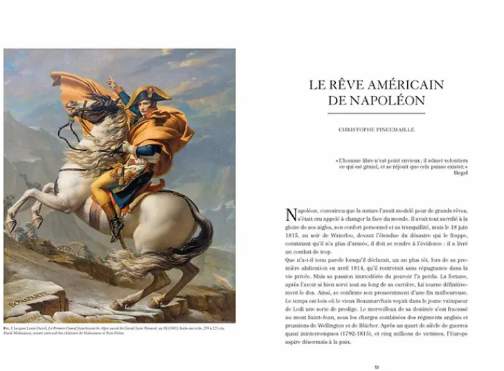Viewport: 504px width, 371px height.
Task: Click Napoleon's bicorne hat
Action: pyautogui.click(x=141, y=96)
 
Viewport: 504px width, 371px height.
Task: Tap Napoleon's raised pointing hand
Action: pyautogui.click(x=111, y=84)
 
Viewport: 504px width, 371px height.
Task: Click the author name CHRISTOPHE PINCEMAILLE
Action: pyautogui.click(x=376, y=129)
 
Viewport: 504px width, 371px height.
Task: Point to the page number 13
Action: pyautogui.click(x=377, y=366)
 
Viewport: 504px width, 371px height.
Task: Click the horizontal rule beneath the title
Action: pyautogui.click(x=377, y=114)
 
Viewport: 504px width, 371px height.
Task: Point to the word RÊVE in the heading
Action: pyautogui.click(x=343, y=85)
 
